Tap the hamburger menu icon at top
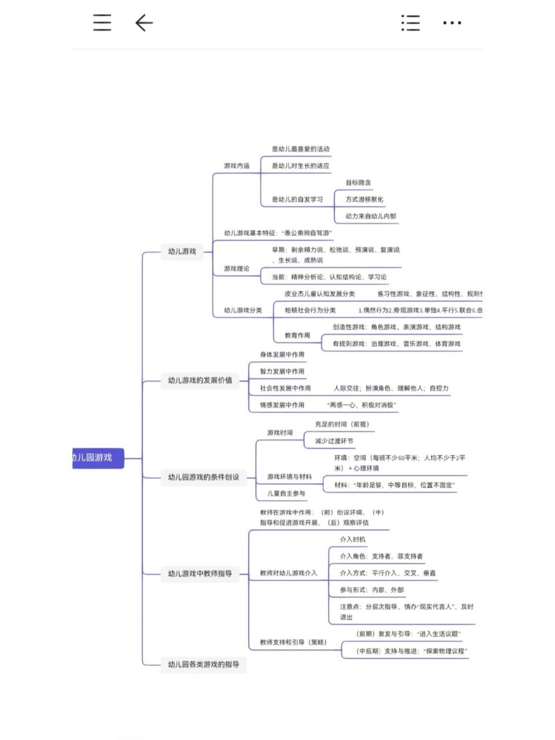[x=102, y=23]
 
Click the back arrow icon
[x=144, y=23]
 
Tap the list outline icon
[x=410, y=23]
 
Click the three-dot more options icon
[x=452, y=23]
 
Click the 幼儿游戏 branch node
[x=182, y=251]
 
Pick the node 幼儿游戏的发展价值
[x=200, y=380]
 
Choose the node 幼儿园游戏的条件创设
[x=203, y=478]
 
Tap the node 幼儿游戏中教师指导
[x=200, y=574]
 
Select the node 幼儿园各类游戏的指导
[x=203, y=665]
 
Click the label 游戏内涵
[x=237, y=166]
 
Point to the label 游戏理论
[x=237, y=269]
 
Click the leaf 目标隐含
[x=358, y=183]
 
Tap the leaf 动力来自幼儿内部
[x=371, y=216]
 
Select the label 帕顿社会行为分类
[x=310, y=310]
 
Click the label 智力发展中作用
[x=282, y=372]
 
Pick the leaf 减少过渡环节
[x=334, y=441]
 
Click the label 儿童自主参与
[x=286, y=494]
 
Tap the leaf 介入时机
[x=353, y=539]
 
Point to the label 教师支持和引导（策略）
[x=293, y=642]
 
